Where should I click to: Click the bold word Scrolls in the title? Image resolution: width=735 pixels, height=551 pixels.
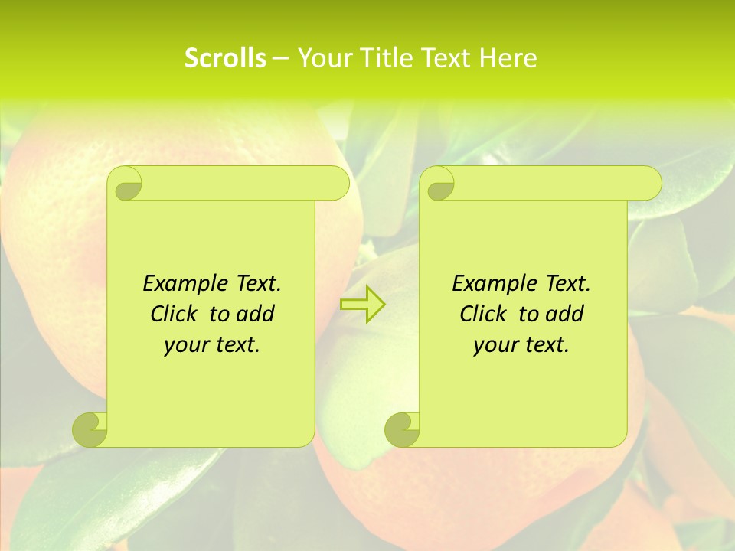[225, 58]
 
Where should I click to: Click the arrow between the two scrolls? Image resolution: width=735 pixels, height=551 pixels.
[362, 305]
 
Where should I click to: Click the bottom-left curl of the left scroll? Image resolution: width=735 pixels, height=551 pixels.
[90, 429]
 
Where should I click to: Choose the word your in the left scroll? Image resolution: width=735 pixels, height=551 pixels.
[185, 345]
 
